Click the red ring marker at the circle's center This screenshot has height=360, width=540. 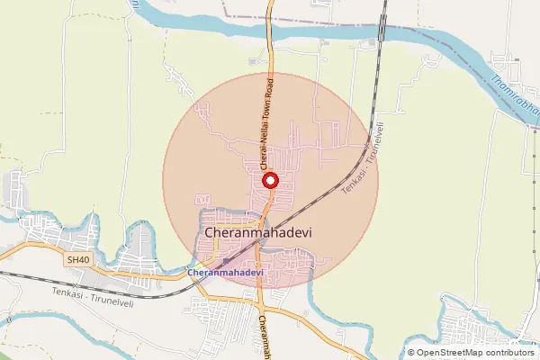[269, 181]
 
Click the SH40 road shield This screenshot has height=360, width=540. [78, 260]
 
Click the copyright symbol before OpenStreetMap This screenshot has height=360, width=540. [411, 353]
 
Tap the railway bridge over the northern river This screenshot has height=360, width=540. [382, 31]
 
